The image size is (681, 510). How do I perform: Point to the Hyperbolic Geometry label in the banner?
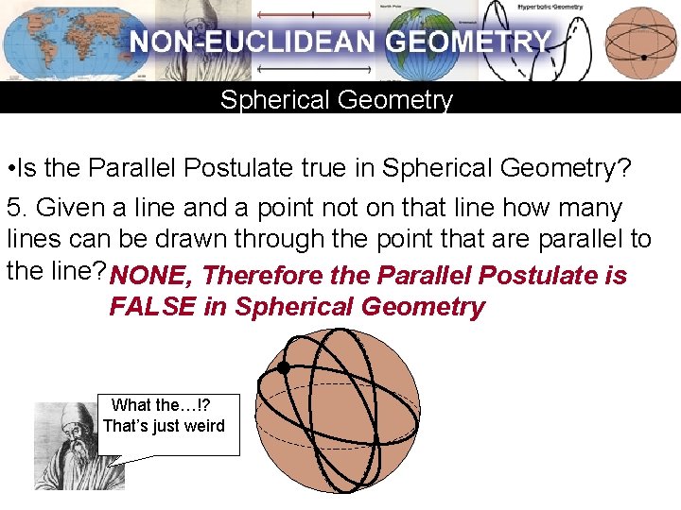[550, 7]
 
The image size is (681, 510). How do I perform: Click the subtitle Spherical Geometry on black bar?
[336, 100]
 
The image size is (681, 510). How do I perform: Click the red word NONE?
[149, 276]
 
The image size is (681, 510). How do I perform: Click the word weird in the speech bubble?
[204, 426]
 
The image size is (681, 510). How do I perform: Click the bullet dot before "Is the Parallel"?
[8, 169]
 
